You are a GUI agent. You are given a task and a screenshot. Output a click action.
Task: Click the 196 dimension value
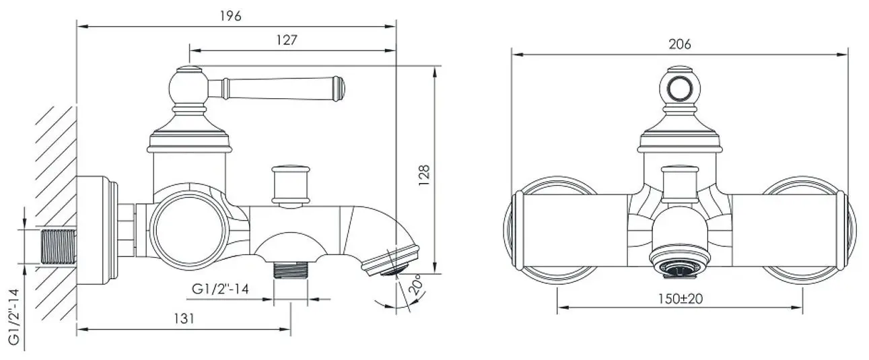tap(230, 16)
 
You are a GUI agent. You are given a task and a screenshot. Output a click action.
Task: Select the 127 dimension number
tap(287, 40)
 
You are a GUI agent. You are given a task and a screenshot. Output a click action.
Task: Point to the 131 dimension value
tap(181, 319)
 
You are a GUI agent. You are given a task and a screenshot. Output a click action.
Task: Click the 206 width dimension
tap(680, 44)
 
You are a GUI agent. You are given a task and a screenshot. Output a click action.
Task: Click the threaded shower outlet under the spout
tap(291, 270)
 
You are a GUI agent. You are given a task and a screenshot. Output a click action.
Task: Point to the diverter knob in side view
tap(290, 182)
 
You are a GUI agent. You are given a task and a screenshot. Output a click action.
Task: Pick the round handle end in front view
tap(680, 87)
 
